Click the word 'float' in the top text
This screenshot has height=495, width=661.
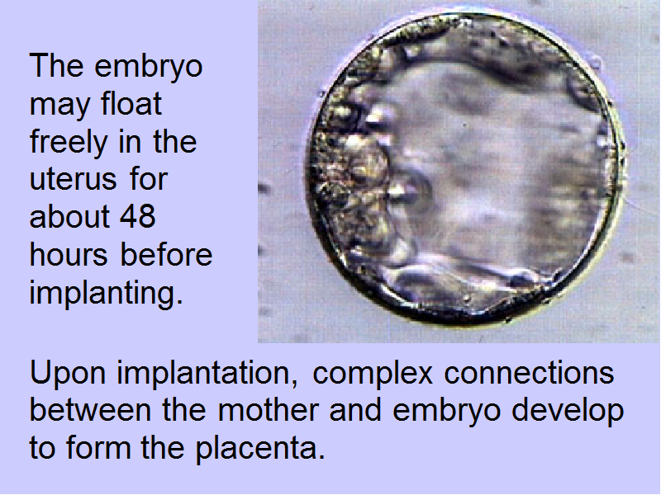[x=131, y=104]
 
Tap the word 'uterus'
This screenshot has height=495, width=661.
[x=74, y=180]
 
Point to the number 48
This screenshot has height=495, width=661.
[x=138, y=216]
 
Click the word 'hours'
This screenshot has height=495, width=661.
[x=69, y=254]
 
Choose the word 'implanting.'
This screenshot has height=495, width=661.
[x=107, y=293]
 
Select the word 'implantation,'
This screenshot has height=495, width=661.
[x=207, y=373]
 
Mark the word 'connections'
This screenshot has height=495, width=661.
[x=529, y=373]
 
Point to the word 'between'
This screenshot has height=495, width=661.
[x=90, y=409]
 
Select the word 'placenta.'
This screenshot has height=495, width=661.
[x=260, y=449]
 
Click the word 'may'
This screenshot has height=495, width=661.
[x=59, y=107]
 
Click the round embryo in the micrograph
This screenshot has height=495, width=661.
[x=464, y=168]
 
